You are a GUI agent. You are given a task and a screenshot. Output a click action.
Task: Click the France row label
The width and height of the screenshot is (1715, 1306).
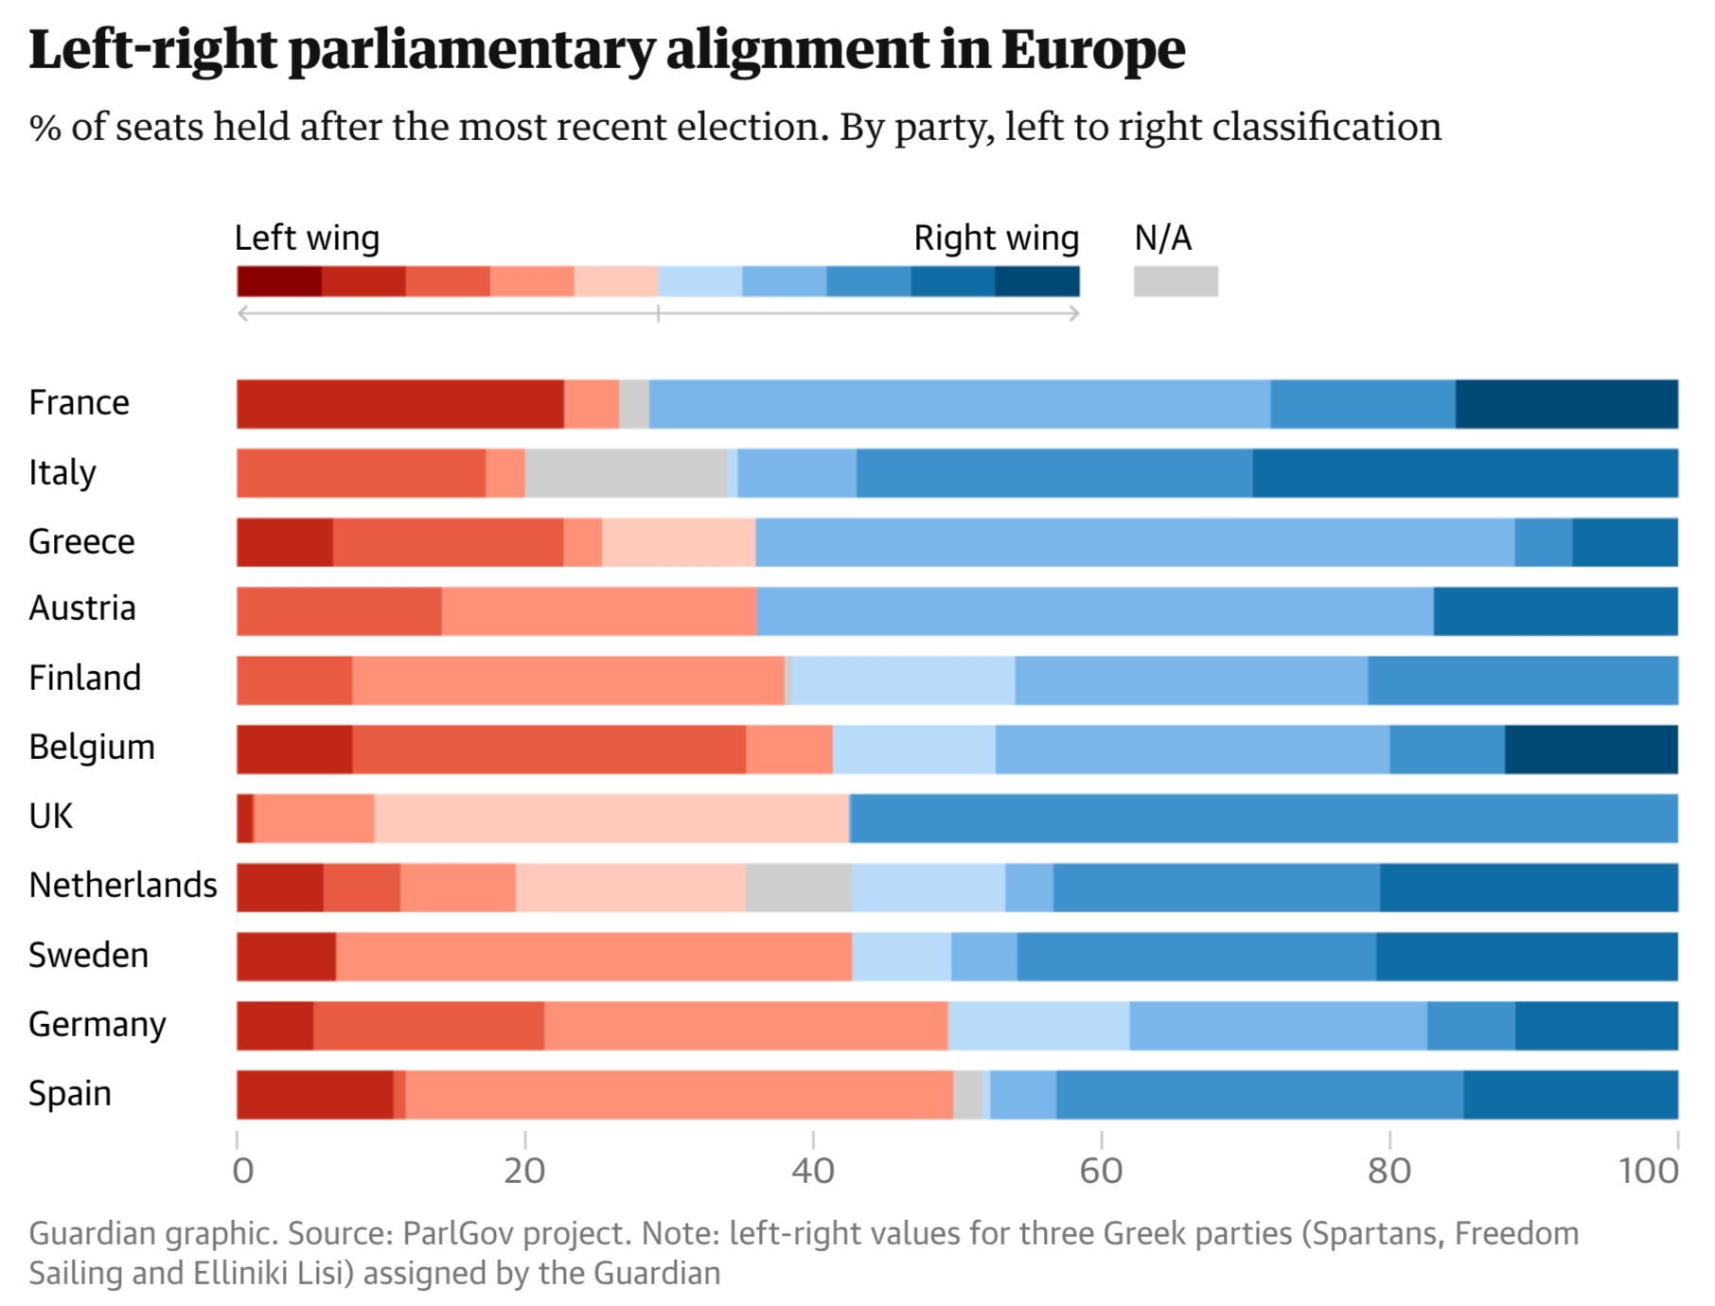pyautogui.click(x=79, y=403)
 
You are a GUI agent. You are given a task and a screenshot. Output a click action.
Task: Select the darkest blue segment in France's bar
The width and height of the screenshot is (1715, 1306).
pyautogui.click(x=1566, y=404)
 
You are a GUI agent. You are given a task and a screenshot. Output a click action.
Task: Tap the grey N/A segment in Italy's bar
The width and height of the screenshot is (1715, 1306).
pyautogui.click(x=626, y=473)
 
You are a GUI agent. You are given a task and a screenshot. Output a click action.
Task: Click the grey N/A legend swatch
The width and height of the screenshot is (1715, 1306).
pyautogui.click(x=1176, y=281)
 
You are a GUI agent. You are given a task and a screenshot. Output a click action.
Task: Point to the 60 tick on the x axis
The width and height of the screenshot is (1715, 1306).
pyautogui.click(x=1101, y=1172)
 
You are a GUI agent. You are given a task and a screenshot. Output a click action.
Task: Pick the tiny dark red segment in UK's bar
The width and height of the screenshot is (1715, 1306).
pyautogui.click(x=245, y=819)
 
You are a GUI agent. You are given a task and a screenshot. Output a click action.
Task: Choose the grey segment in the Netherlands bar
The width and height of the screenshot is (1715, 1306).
pyautogui.click(x=798, y=888)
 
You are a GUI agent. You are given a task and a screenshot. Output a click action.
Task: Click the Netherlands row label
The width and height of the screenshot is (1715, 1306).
pyautogui.click(x=123, y=886)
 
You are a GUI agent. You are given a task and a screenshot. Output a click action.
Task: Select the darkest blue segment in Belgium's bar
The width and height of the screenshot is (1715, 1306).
pyautogui.click(x=1591, y=750)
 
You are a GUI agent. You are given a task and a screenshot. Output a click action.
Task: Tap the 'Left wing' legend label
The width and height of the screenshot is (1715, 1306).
pyautogui.click(x=307, y=238)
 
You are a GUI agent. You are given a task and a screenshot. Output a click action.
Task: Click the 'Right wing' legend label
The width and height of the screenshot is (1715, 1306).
pyautogui.click(x=996, y=238)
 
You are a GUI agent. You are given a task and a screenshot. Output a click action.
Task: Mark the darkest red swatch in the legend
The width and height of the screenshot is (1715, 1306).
pyautogui.click(x=279, y=281)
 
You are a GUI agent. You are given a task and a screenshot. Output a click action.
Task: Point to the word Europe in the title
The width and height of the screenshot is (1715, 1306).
pyautogui.click(x=1093, y=49)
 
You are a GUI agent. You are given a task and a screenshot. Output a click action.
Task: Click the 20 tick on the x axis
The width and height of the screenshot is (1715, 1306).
pyautogui.click(x=524, y=1172)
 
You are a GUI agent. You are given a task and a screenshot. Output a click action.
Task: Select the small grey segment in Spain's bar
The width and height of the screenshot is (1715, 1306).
pyautogui.click(x=967, y=1095)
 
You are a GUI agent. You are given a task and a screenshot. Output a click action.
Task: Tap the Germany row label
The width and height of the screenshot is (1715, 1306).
pyautogui.click(x=97, y=1025)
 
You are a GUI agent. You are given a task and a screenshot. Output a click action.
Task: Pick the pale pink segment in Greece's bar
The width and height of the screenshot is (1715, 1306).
pyautogui.click(x=678, y=542)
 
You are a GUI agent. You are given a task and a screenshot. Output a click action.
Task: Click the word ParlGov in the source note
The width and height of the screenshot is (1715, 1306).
pyautogui.click(x=460, y=1234)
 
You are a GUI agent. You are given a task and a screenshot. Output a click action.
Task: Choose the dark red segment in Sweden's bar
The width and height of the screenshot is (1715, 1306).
pyautogui.click(x=286, y=957)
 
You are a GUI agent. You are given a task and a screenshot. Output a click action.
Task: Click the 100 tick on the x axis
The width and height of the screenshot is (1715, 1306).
pyautogui.click(x=1649, y=1172)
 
